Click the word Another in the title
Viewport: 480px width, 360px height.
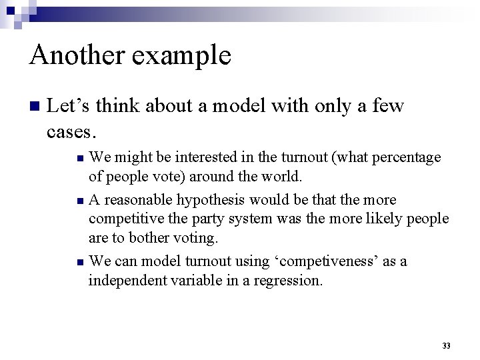tap(77, 55)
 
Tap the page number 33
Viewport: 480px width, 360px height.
tap(446, 346)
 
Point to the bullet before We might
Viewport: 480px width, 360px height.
tap(80, 158)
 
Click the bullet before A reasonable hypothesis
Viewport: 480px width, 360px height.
tap(80, 201)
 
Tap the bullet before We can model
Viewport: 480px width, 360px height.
tap(80, 262)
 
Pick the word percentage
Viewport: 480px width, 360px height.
tap(407, 158)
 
